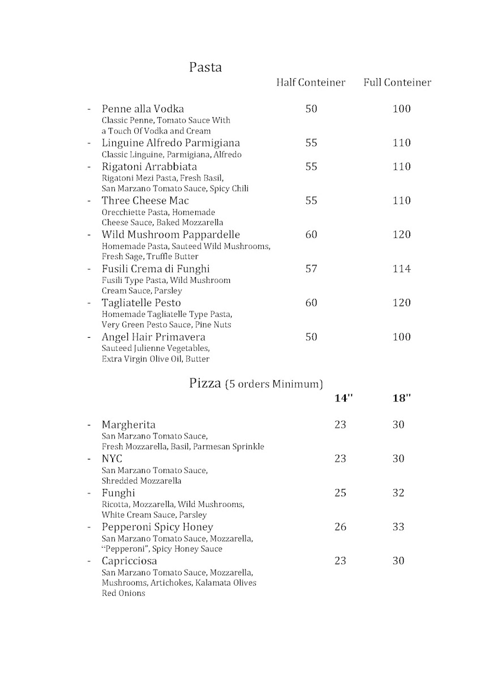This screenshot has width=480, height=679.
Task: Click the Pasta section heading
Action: click(x=205, y=68)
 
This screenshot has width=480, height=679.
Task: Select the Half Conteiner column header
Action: click(x=310, y=83)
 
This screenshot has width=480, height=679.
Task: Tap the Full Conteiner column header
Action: click(x=397, y=83)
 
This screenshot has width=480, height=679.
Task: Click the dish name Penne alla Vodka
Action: click(x=143, y=109)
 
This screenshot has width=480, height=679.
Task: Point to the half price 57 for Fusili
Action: click(x=311, y=269)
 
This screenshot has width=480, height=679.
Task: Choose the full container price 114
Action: click(x=401, y=269)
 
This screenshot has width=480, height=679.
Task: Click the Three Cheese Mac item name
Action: click(x=145, y=200)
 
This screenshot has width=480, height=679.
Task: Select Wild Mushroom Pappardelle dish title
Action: click(x=171, y=234)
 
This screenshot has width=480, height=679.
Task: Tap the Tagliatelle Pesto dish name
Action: click(x=141, y=303)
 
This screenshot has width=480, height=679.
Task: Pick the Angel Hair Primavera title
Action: click(x=153, y=337)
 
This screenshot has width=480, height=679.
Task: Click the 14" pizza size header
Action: click(x=343, y=398)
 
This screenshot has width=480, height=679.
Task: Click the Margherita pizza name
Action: click(x=128, y=424)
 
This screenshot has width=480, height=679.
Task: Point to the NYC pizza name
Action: click(x=112, y=458)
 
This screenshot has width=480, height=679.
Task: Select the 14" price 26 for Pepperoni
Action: click(x=340, y=527)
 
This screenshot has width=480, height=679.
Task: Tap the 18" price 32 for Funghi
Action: click(x=398, y=493)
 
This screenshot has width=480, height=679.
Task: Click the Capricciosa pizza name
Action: click(x=129, y=561)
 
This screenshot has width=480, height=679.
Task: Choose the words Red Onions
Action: click(x=123, y=594)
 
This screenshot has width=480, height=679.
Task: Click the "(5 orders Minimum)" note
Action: click(x=273, y=385)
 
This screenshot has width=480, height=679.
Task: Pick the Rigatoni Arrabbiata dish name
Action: click(x=149, y=166)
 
